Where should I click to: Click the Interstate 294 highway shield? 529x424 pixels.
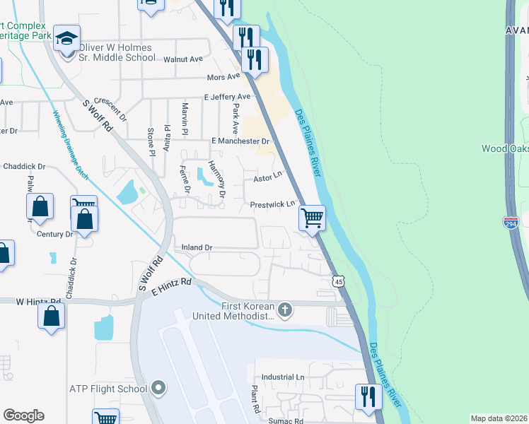pos(511,223)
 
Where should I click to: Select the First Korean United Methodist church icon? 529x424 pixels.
pos(285,310)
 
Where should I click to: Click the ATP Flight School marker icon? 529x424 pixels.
pos(158,388)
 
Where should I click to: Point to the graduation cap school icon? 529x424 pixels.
pos(67,39)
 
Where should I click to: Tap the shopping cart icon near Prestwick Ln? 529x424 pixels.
pos(312,218)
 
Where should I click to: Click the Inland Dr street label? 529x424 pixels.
pos(197,247)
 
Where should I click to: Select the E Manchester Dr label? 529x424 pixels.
pos(236,141)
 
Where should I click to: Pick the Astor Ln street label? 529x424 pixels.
pos(268,179)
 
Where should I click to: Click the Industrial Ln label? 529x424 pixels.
pos(283,377)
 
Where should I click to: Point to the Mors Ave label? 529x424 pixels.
pos(224,77)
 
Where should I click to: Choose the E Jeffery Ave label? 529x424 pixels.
pos(227,97)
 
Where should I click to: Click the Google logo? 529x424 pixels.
pos(23,416)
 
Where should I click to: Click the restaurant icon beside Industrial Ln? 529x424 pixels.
pos(368,396)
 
